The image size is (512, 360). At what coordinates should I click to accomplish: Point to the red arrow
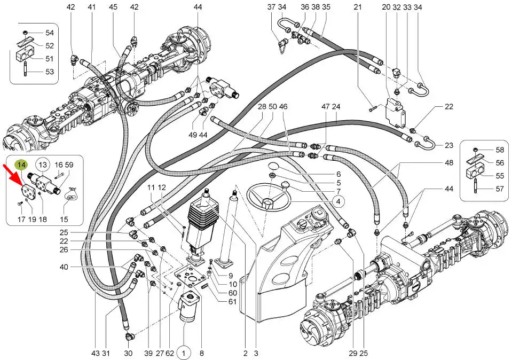13,177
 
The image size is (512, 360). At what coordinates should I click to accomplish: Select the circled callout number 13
43,165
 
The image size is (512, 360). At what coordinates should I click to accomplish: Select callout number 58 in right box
499,150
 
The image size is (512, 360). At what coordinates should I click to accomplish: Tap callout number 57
499,189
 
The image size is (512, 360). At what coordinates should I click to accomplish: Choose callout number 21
358,7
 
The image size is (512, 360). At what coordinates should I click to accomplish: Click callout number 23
449,145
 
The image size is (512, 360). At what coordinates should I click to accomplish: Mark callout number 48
449,162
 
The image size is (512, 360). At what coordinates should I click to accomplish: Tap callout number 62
170,353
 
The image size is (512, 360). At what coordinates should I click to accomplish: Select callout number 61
232,302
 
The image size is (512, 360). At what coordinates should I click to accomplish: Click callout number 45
113,7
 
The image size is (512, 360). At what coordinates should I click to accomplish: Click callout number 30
128,353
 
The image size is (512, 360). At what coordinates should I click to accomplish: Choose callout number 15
64,219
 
